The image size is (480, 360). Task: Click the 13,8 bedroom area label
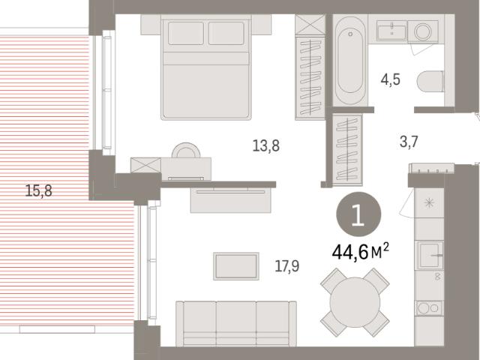point(266,145)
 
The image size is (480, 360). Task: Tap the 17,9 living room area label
point(287,265)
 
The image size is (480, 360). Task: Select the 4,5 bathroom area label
point(391,79)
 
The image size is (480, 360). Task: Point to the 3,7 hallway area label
point(409,142)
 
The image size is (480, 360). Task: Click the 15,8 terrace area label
point(38,190)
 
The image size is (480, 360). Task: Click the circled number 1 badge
point(358,214)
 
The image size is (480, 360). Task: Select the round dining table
point(355,302)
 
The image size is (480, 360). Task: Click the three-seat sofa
point(236,323)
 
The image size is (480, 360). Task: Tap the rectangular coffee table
point(236,266)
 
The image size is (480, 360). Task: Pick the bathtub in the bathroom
point(350,61)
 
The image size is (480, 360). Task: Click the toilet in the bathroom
point(430,82)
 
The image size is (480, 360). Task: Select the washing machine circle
point(423,31)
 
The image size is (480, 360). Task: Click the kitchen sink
point(429,255)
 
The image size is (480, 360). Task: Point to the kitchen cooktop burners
point(428,308)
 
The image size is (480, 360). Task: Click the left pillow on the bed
point(186,33)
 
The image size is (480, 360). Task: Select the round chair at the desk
point(186,150)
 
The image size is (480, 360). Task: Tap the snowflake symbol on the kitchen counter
point(430,202)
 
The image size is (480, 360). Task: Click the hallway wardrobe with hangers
point(347,150)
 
